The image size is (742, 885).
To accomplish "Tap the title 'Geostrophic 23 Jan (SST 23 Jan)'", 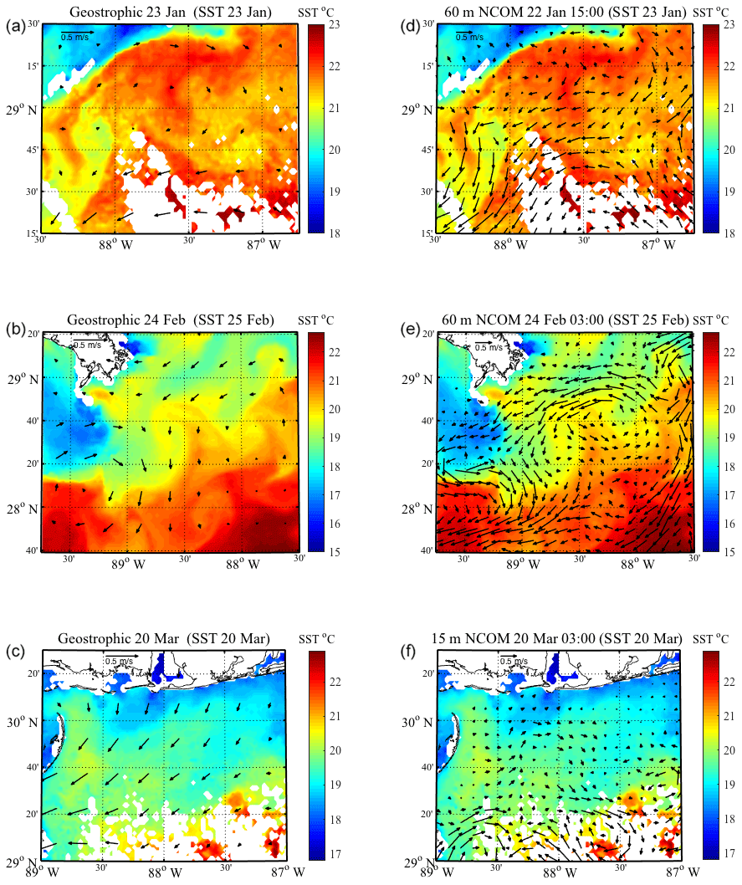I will click(171, 12).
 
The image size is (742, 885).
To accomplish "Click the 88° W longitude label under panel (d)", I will click(510, 245).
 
